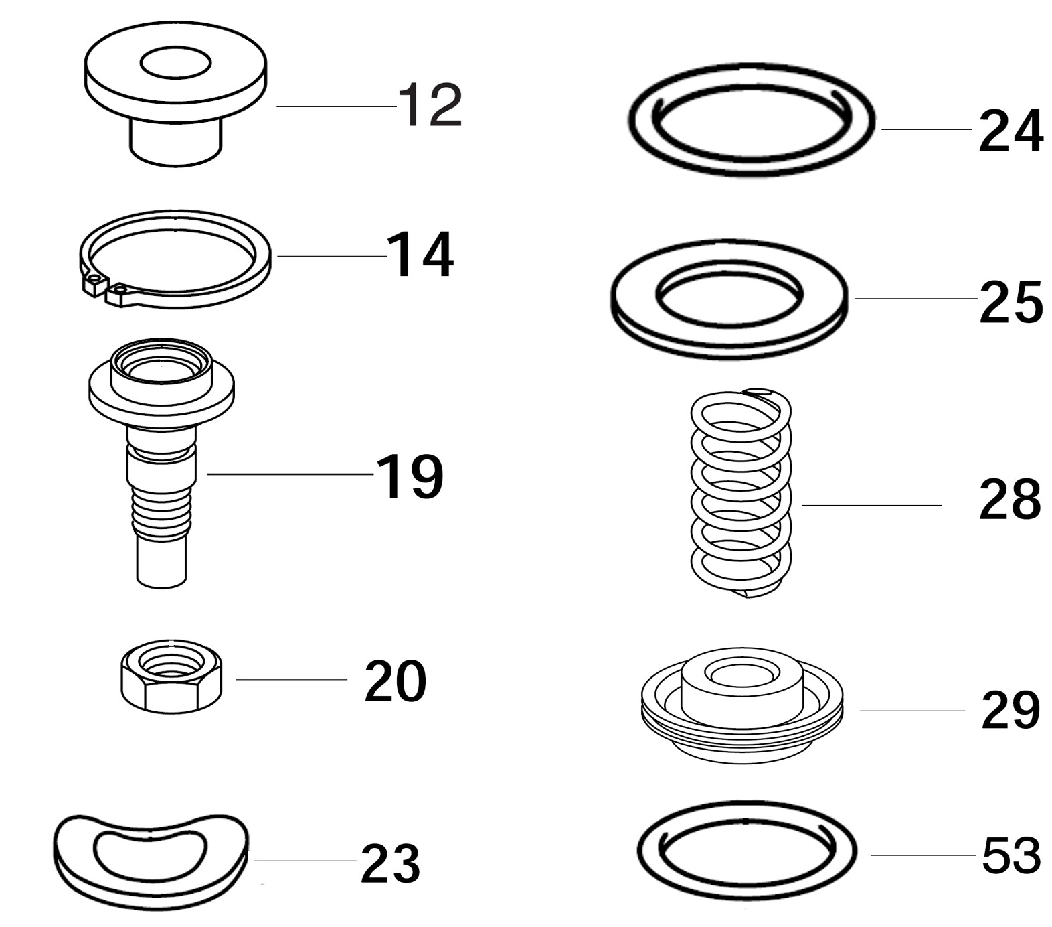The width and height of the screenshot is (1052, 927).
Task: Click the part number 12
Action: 430,105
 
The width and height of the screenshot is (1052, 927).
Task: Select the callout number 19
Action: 410,476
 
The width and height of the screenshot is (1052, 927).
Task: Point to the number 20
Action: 395,681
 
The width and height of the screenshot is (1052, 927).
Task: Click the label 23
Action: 390,864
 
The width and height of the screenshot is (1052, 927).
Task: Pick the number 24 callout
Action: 1011,132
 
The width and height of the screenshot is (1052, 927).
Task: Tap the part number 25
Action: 1011,302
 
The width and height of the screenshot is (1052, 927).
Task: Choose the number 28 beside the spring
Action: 1010,500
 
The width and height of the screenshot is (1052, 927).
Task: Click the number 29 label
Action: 1011,710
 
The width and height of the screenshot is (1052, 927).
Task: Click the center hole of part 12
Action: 175,63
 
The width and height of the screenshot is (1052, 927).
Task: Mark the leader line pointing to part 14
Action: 331,256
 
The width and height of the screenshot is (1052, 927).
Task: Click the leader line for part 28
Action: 871,505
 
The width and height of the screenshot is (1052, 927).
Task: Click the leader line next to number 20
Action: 291,680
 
